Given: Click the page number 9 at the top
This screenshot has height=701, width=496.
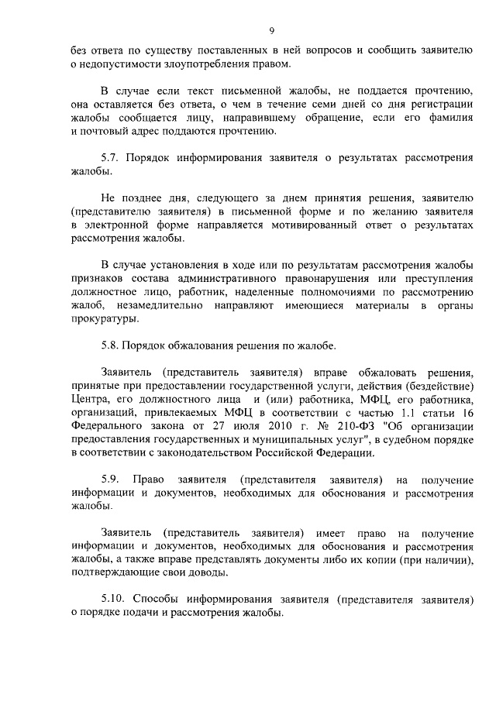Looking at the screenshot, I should (272, 31).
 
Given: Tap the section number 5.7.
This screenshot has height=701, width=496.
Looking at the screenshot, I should (112, 158).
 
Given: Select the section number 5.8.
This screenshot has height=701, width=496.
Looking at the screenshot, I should (112, 345).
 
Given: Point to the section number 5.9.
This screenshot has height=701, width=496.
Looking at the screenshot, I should (112, 480).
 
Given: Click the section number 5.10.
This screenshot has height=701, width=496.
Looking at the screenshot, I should (114, 600).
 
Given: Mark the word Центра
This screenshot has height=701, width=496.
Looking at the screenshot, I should (88, 400).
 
